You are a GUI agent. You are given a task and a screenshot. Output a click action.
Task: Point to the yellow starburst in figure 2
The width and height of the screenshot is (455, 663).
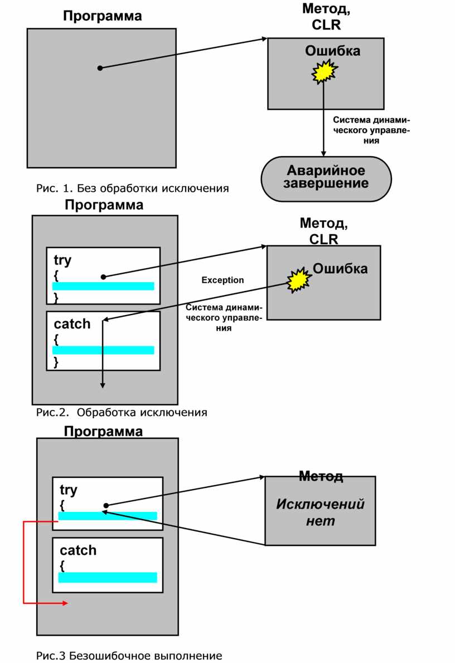coord(299,280)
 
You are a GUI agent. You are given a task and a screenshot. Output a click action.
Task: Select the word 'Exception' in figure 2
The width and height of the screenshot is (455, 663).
coord(222,280)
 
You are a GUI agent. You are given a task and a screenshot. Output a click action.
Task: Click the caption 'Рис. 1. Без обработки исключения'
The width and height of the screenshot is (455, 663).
coord(133,188)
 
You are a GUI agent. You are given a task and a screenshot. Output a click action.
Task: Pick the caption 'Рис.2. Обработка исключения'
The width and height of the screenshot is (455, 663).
coord(122,413)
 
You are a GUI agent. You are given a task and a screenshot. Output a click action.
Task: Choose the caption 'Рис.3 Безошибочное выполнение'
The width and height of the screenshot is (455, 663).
coord(129,656)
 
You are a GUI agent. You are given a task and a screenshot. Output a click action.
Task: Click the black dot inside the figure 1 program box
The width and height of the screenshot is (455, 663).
coord(100,68)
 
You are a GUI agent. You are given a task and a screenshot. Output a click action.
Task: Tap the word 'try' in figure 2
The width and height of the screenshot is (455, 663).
coord(62,260)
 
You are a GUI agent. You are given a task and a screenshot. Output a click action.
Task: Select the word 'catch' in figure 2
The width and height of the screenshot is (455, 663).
coord(72,324)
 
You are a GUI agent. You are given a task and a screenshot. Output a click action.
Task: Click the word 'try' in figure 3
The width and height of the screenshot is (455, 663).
coord(69,490)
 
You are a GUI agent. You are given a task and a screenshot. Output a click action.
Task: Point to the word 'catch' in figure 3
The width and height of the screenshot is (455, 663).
coord(78,550)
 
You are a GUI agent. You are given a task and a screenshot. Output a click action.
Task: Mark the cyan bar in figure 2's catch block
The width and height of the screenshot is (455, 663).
coord(103,350)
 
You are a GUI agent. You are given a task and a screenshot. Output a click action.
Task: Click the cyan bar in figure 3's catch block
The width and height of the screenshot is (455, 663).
coord(108,577)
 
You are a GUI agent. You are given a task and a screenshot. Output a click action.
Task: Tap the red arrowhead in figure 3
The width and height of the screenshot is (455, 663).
coord(65,603)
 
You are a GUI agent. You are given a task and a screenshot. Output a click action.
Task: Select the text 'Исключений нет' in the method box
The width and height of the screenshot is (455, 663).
coord(321,512)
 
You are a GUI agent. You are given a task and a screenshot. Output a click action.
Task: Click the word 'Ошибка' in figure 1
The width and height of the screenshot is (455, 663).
coord(332,51)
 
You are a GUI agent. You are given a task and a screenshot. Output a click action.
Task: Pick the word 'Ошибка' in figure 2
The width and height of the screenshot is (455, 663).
coord(340,269)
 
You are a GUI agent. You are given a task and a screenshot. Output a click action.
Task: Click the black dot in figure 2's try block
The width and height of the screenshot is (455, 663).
coord(103,277)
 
